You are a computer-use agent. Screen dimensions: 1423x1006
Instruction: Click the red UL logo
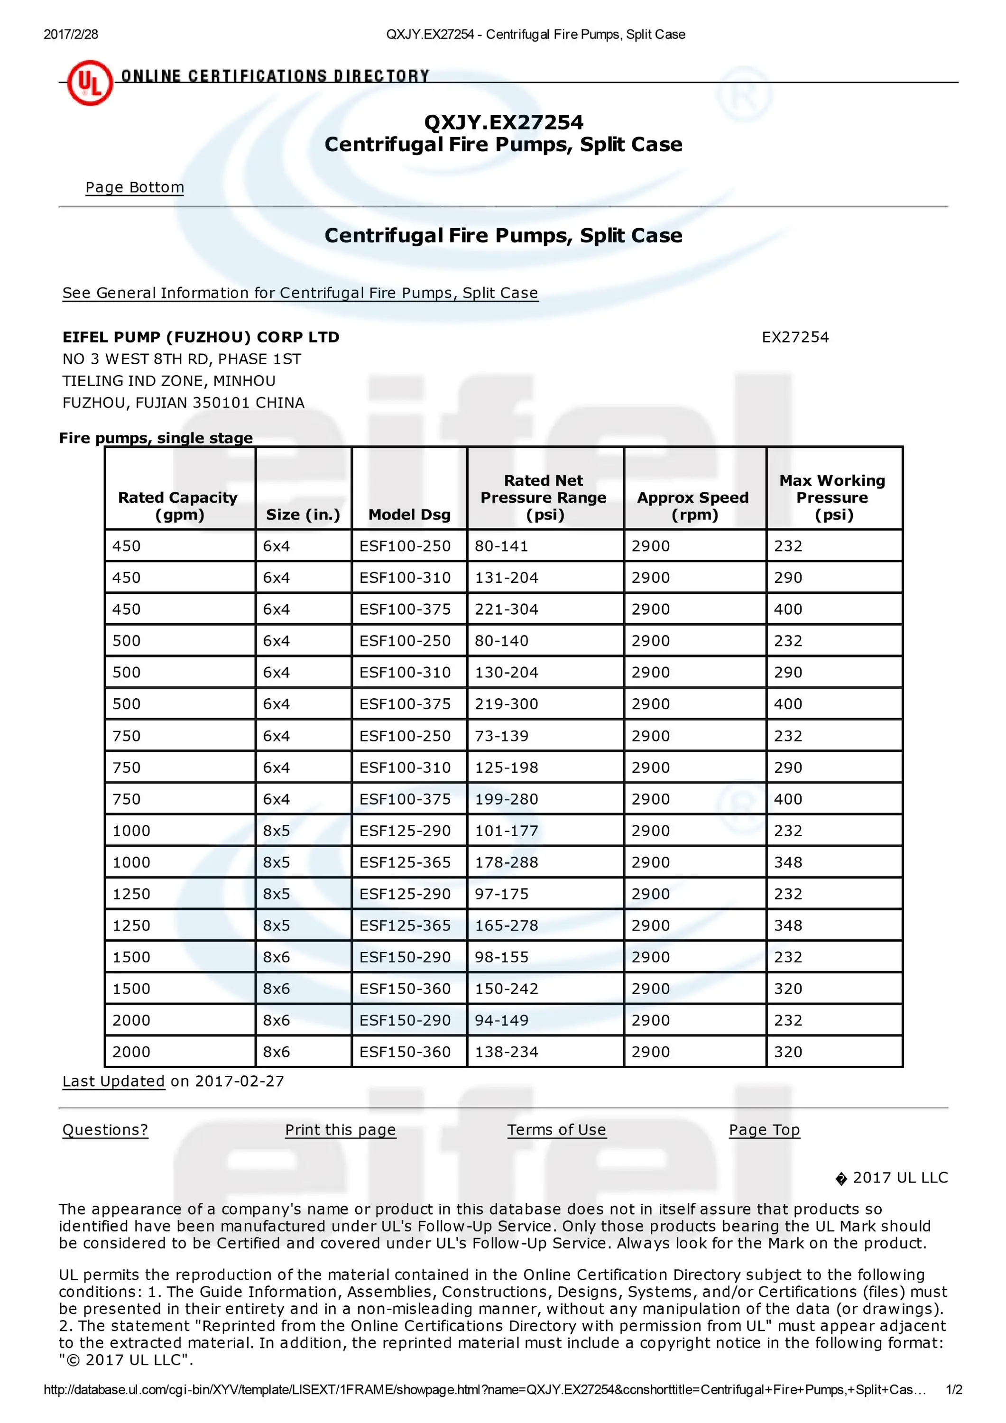[90, 83]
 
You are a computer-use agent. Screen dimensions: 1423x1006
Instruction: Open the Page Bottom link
[135, 187]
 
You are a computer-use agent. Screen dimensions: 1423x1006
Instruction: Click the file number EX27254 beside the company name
[794, 337]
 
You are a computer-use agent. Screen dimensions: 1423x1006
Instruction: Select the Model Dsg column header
[409, 514]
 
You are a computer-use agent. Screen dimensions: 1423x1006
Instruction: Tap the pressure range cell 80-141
[501, 546]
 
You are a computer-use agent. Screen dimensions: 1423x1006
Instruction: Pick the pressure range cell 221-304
[507, 609]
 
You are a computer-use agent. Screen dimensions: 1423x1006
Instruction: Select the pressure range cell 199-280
[507, 799]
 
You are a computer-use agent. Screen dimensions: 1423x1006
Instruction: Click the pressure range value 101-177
[507, 831]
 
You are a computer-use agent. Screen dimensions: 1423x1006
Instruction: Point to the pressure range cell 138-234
[507, 1052]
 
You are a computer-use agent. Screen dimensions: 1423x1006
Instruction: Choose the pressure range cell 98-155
[501, 957]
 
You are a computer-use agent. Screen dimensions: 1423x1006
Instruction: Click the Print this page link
[340, 1130]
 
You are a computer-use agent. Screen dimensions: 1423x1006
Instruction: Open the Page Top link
[764, 1130]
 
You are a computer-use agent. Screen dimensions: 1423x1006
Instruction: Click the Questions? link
[105, 1130]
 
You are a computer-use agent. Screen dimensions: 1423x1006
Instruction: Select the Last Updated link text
[113, 1081]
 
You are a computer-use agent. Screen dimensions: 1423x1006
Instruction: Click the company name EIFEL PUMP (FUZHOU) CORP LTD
[201, 337]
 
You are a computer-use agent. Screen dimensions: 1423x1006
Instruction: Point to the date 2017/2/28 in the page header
[71, 35]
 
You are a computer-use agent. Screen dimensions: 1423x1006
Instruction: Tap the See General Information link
[300, 293]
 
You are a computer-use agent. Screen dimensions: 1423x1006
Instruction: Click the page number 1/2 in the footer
[954, 1389]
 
